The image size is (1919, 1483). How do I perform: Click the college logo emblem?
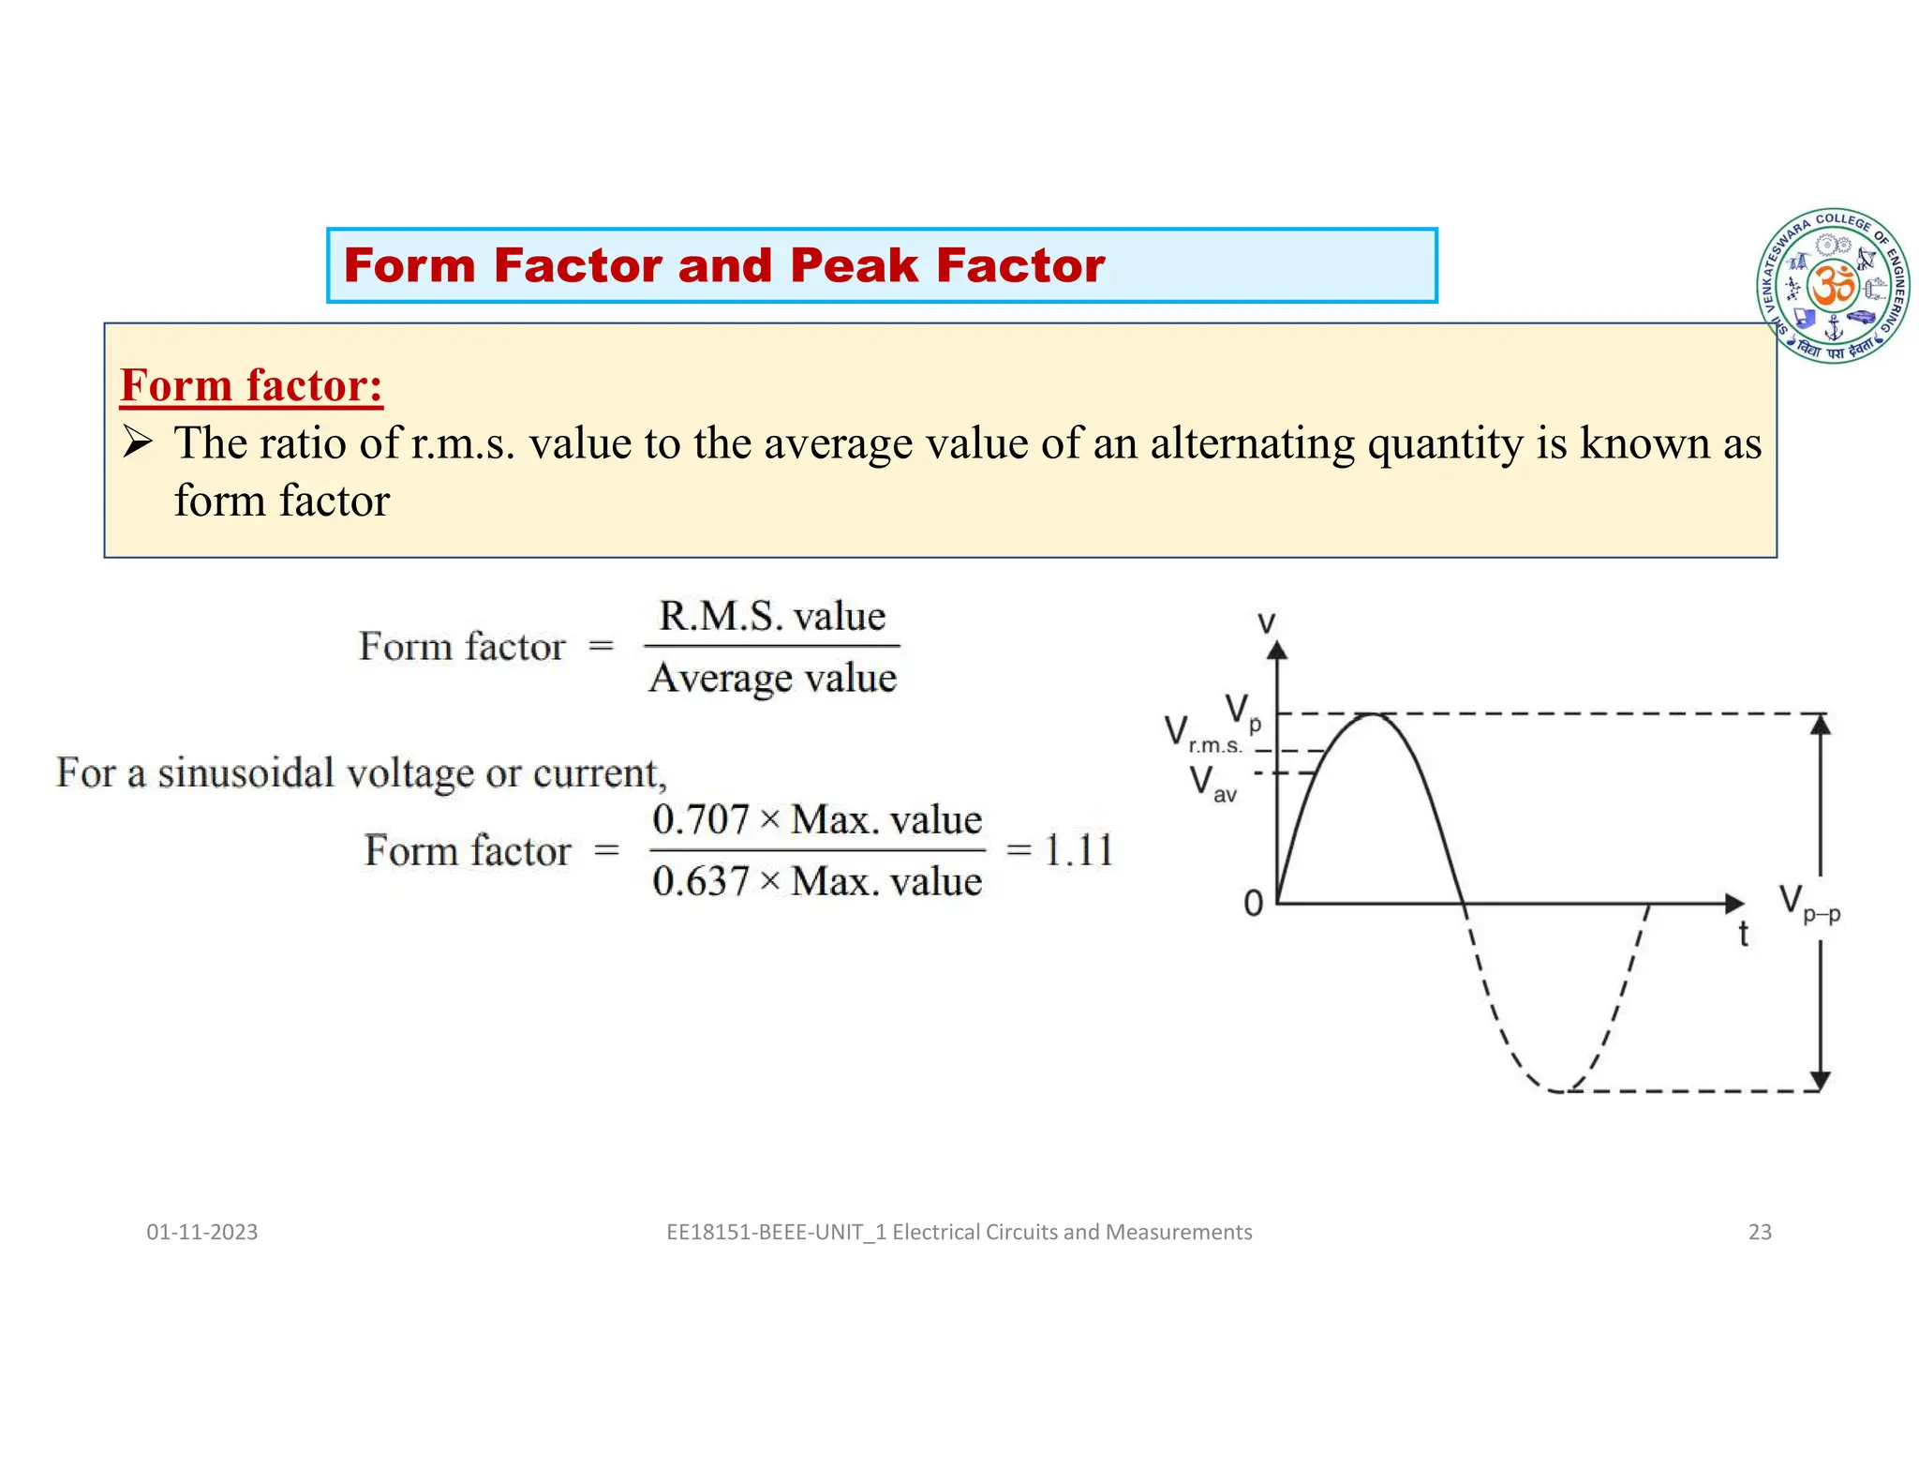1833,286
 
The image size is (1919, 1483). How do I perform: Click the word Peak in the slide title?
853,265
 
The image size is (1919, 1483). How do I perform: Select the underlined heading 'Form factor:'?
251,386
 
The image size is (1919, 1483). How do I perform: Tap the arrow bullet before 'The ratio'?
137,442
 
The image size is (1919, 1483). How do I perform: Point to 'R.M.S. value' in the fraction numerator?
772,616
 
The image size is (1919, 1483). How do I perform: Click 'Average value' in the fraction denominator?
772,678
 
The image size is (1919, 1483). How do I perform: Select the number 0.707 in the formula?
700,820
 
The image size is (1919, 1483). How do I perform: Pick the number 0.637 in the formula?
700,882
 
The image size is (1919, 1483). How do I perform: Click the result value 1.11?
1079,851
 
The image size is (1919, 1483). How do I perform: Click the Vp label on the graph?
1242,712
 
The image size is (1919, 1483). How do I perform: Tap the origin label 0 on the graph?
1253,904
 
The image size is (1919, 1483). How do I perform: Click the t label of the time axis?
1743,935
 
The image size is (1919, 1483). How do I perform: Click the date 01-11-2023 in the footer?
201,1232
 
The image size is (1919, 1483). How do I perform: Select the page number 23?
1760,1232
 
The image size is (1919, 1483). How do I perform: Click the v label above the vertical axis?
1266,622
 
